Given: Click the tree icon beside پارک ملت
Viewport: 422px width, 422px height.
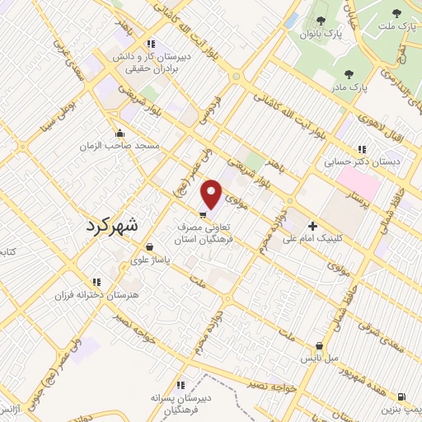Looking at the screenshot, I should pos(397,13).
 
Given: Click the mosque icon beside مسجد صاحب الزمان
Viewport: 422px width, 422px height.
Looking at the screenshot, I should pos(120,133).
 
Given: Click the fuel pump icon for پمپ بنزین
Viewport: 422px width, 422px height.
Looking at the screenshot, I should pos(401,396).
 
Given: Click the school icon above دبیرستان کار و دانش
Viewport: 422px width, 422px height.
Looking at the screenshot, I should pos(149,44).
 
